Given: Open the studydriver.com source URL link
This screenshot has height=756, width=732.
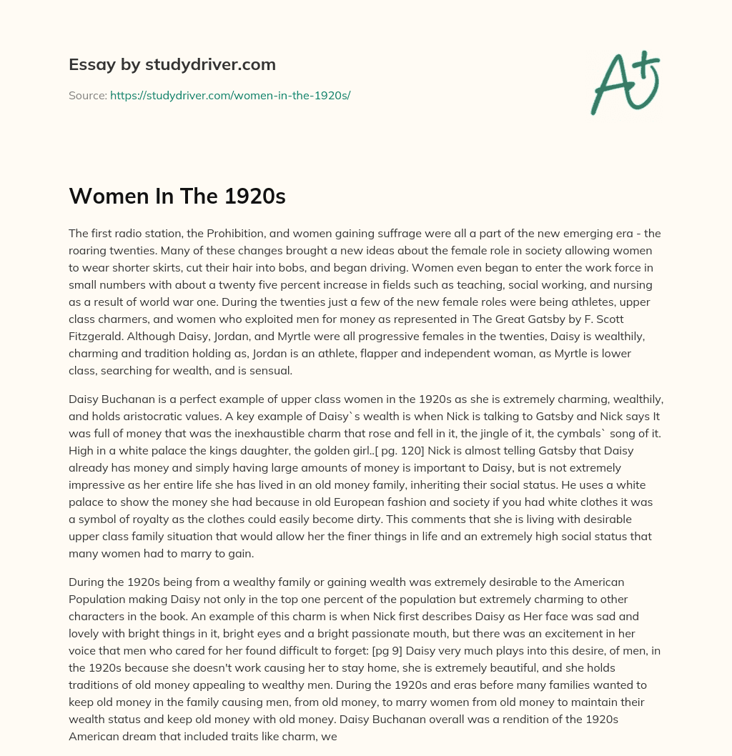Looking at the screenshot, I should pos(229,95).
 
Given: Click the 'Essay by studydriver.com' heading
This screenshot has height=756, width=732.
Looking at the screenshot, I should pos(172,65).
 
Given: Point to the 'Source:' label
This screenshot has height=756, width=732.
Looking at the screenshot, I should pos(87,95).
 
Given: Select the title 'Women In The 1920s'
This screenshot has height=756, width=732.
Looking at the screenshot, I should pos(177,197).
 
